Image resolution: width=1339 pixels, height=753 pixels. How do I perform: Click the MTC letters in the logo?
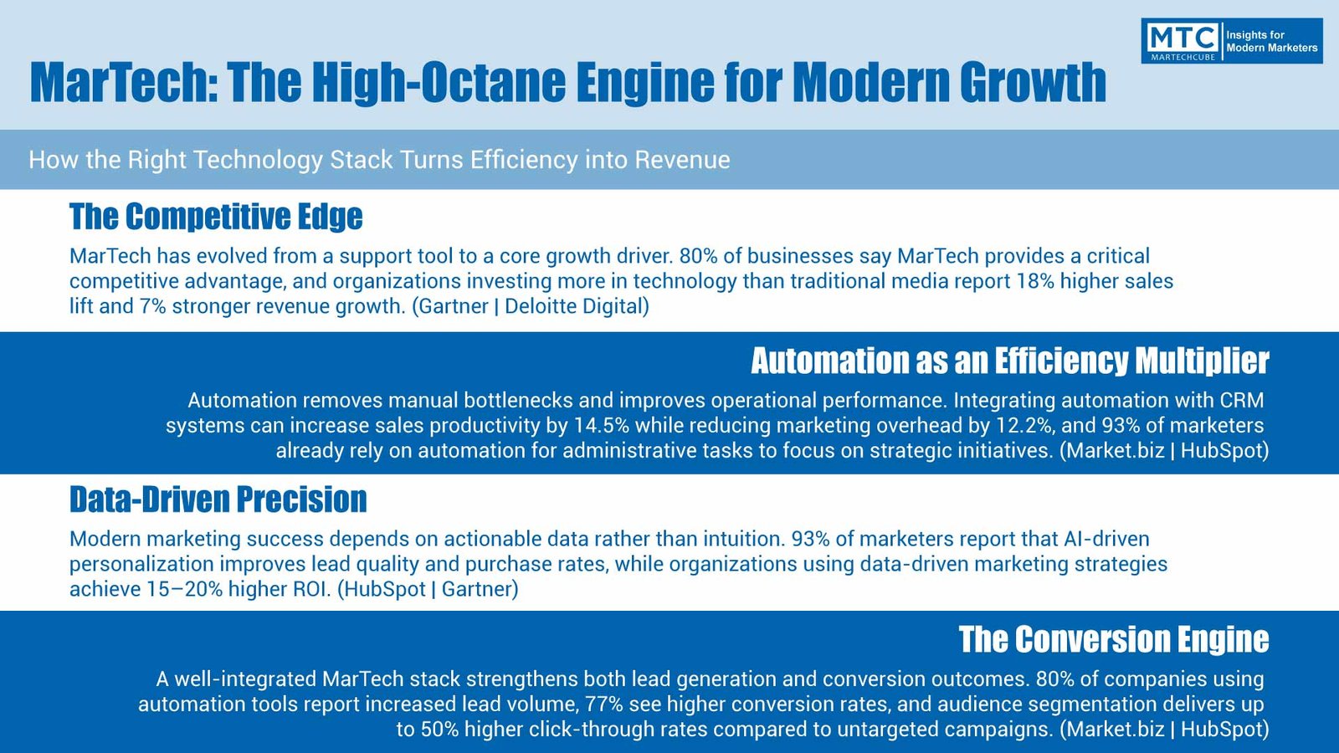[x=1182, y=38]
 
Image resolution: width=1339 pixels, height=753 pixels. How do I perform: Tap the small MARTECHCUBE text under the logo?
[x=1183, y=58]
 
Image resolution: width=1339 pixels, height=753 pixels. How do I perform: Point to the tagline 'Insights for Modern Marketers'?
[x=1272, y=41]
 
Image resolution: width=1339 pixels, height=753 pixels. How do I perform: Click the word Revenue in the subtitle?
[x=683, y=160]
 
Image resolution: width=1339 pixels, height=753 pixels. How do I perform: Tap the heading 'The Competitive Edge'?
[x=216, y=217]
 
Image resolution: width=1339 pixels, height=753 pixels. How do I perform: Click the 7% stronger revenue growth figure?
[x=152, y=306]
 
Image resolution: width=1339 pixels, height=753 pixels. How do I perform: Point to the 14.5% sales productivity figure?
[x=602, y=425]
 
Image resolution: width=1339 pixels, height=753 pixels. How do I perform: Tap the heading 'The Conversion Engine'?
[x=1114, y=639]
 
